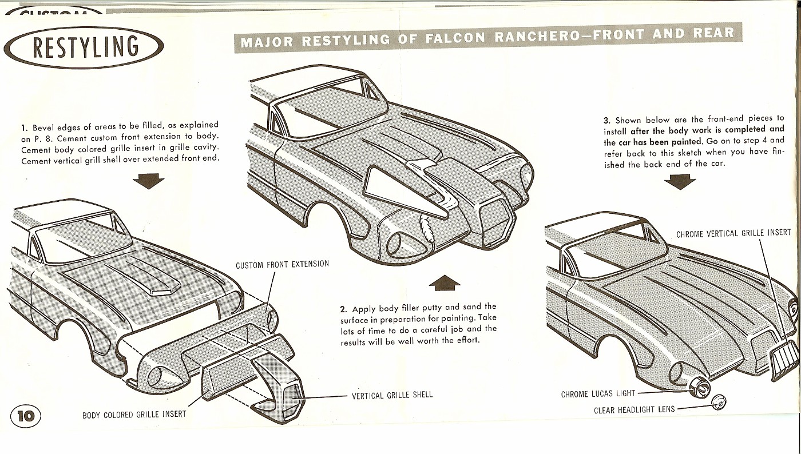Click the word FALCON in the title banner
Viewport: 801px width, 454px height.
click(x=454, y=38)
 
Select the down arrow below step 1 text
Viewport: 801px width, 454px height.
click(x=148, y=181)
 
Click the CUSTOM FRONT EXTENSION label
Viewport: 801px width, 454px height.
click(x=282, y=265)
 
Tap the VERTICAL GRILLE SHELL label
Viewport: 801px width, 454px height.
click(x=392, y=395)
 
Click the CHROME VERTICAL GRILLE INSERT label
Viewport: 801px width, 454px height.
click(x=733, y=234)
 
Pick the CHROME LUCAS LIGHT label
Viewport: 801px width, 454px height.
click(x=598, y=395)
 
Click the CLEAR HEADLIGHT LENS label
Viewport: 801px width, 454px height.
click(x=635, y=409)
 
